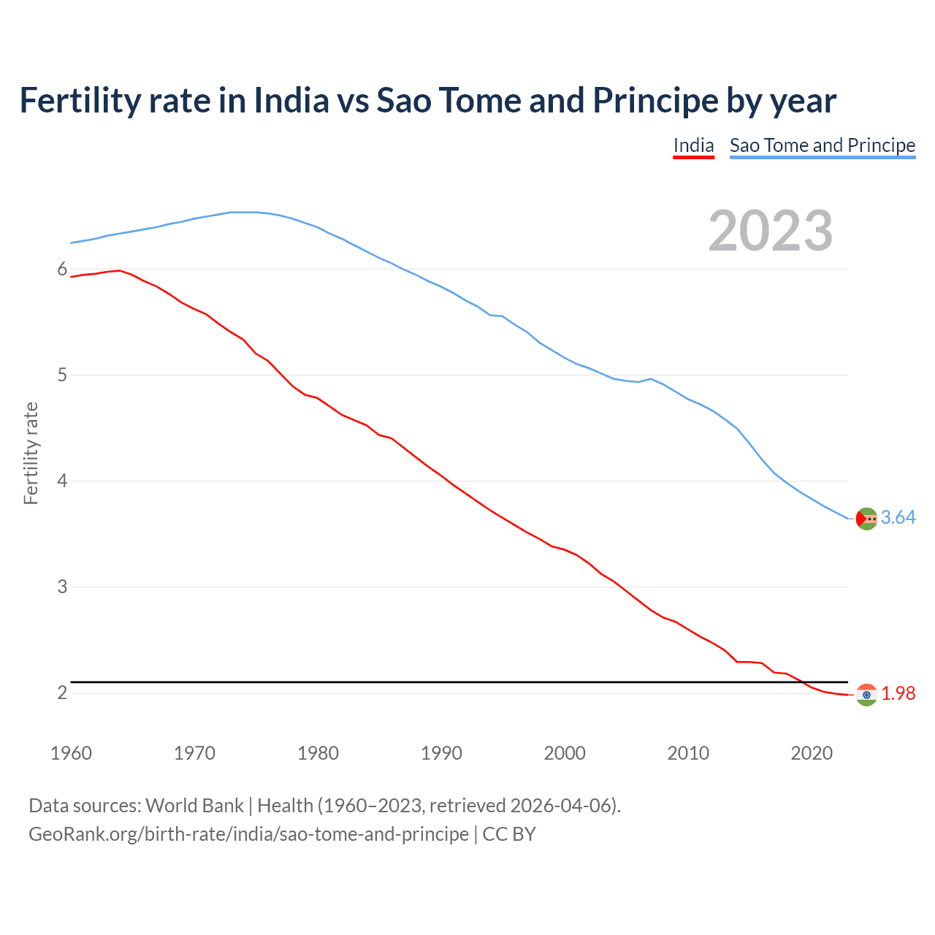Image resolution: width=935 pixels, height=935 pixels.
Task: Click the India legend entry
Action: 693,145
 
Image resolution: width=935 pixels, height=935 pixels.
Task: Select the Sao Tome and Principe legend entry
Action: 822,145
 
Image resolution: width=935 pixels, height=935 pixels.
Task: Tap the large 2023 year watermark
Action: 771,231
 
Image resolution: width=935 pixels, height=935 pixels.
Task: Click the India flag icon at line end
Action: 866,695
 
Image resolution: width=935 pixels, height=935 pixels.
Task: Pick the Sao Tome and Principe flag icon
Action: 866,518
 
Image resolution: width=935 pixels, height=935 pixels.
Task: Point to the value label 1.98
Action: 898,694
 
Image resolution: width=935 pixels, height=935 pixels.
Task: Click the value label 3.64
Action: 898,518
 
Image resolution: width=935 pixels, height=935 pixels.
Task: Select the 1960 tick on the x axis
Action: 71,753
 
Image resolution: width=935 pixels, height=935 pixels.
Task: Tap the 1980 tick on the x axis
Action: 318,753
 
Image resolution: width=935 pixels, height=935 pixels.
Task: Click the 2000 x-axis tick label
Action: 565,753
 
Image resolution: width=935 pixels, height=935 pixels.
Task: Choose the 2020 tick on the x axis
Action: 812,753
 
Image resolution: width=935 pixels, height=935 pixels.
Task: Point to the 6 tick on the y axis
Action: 62,270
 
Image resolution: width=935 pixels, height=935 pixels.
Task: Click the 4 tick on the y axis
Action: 62,481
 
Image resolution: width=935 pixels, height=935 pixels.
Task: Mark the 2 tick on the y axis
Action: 62,692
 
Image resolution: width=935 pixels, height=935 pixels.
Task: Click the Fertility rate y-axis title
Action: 31,454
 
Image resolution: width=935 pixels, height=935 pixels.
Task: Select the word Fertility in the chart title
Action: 79,101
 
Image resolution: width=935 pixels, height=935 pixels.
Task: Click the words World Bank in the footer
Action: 194,806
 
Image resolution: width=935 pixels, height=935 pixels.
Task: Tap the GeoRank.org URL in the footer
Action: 248,834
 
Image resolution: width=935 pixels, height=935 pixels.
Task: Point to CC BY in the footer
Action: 509,834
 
